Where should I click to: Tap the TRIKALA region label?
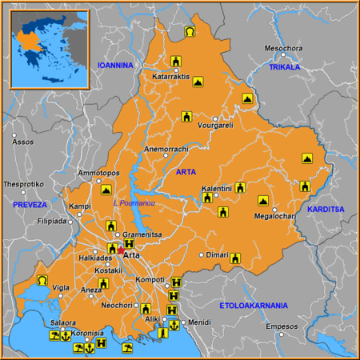284,67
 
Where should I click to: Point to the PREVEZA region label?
30,205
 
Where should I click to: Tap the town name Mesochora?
284,48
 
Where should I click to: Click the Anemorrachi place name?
166,149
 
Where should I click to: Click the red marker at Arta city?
121,250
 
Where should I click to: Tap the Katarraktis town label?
170,78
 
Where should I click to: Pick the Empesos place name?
281,326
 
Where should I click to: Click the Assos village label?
23,142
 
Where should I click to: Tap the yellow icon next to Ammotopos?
106,190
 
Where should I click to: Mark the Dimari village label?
218,254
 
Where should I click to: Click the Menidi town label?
199,322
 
